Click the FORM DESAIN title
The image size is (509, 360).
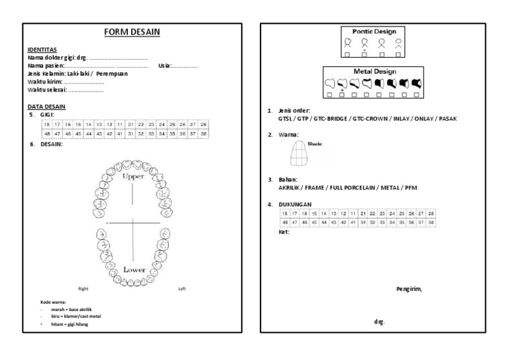click(135, 32)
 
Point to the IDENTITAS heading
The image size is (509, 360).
click(42, 50)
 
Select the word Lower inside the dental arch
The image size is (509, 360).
click(134, 270)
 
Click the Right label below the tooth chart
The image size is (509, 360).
click(84, 289)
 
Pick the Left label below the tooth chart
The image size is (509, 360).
click(182, 289)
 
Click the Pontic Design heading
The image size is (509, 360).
click(373, 30)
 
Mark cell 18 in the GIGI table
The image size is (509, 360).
click(46, 124)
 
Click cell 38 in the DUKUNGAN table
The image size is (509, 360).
click(431, 223)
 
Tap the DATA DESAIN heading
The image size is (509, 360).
click(46, 107)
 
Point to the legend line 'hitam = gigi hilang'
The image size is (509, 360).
click(70, 324)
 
